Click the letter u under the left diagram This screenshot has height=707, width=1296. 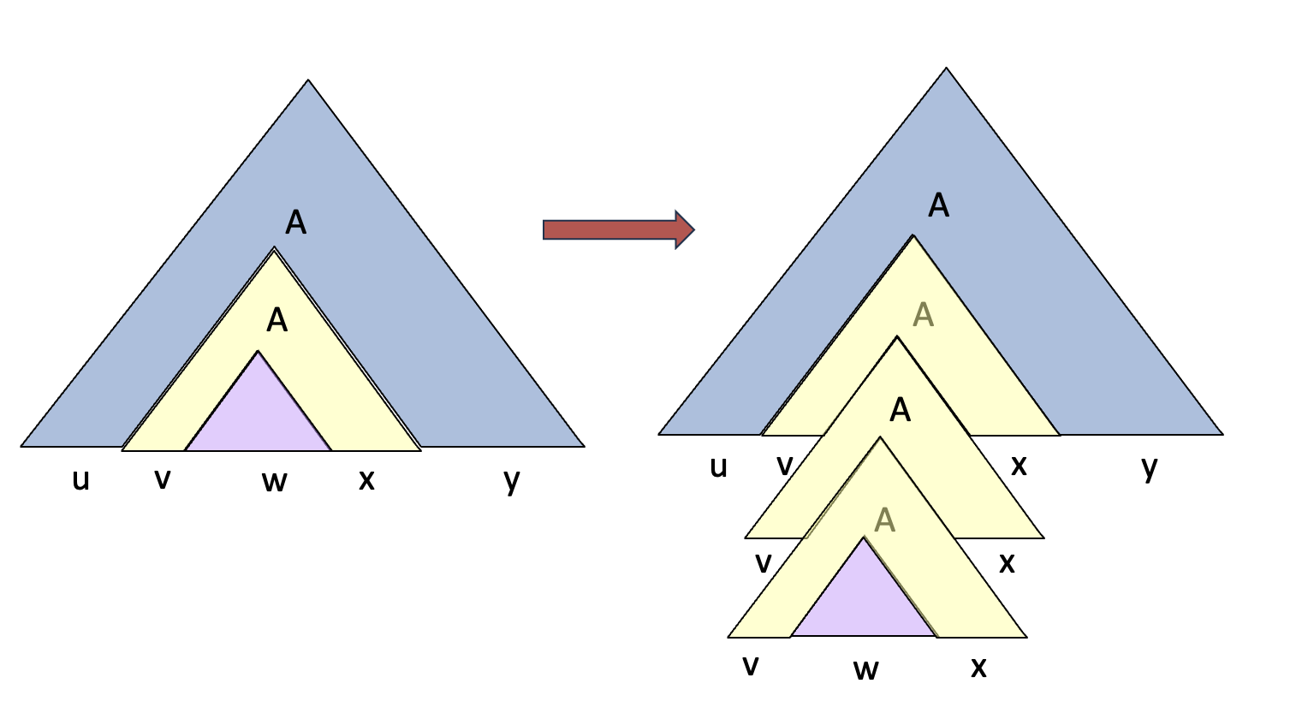click(x=80, y=480)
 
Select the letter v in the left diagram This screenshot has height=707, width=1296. click(x=162, y=478)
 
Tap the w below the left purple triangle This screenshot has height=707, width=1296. click(x=274, y=482)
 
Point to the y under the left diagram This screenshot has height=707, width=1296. click(x=512, y=480)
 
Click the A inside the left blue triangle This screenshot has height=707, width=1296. click(x=295, y=223)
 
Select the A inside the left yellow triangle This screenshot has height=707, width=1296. click(x=276, y=320)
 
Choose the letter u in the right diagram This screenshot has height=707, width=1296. click(x=718, y=466)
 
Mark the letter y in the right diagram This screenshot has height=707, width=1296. click(x=1150, y=466)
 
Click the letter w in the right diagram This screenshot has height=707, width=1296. click(x=865, y=668)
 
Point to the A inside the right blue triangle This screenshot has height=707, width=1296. click(x=939, y=205)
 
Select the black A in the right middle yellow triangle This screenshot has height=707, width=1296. click(x=900, y=410)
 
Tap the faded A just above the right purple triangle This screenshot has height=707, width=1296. click(x=885, y=520)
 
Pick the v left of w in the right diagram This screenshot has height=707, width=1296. click(x=751, y=664)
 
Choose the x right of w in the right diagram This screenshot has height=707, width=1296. click(x=978, y=667)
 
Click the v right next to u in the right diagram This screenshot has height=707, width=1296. click(x=784, y=465)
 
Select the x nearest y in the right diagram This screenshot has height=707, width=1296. click(x=1019, y=465)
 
